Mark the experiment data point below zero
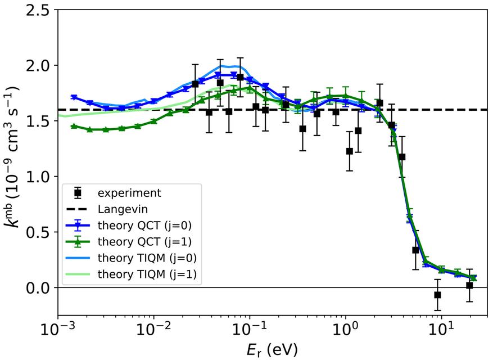pyautogui.click(x=437, y=295)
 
